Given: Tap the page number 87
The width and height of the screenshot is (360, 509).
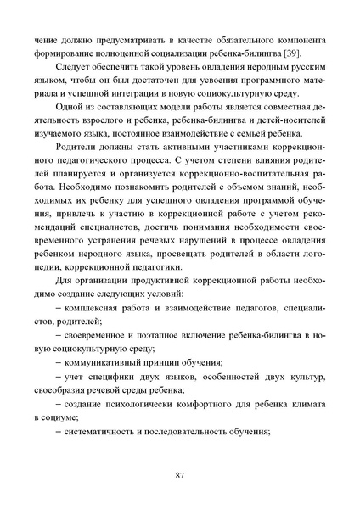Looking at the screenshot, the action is (x=180, y=473).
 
